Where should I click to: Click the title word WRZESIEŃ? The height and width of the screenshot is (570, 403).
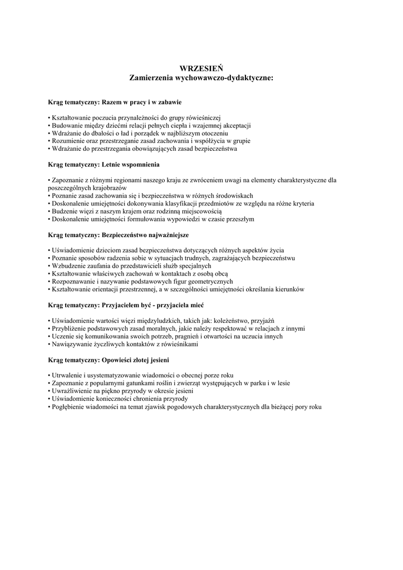201,68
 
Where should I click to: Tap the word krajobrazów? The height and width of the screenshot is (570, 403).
111,188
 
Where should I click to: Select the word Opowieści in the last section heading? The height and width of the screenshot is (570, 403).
120,360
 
